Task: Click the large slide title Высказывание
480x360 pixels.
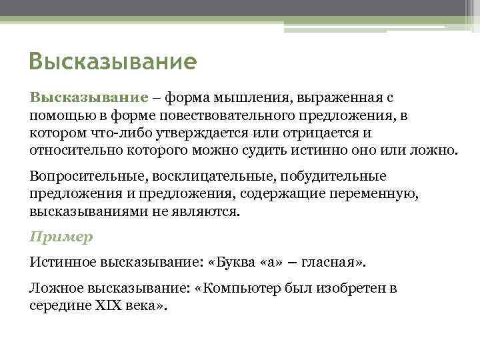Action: [x=113, y=63]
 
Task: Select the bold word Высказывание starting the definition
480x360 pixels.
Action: [x=88, y=98]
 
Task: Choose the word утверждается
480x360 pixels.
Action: [x=193, y=133]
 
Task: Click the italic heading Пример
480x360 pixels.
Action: [x=61, y=237]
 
